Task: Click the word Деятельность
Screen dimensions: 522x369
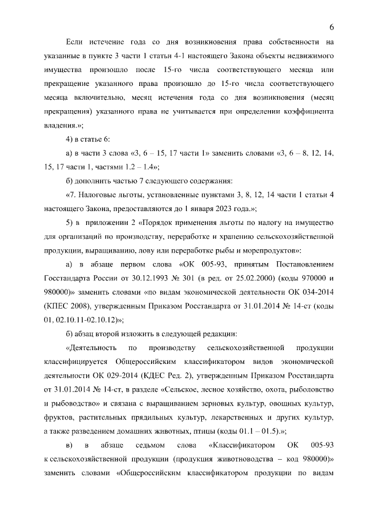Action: click(93, 348)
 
